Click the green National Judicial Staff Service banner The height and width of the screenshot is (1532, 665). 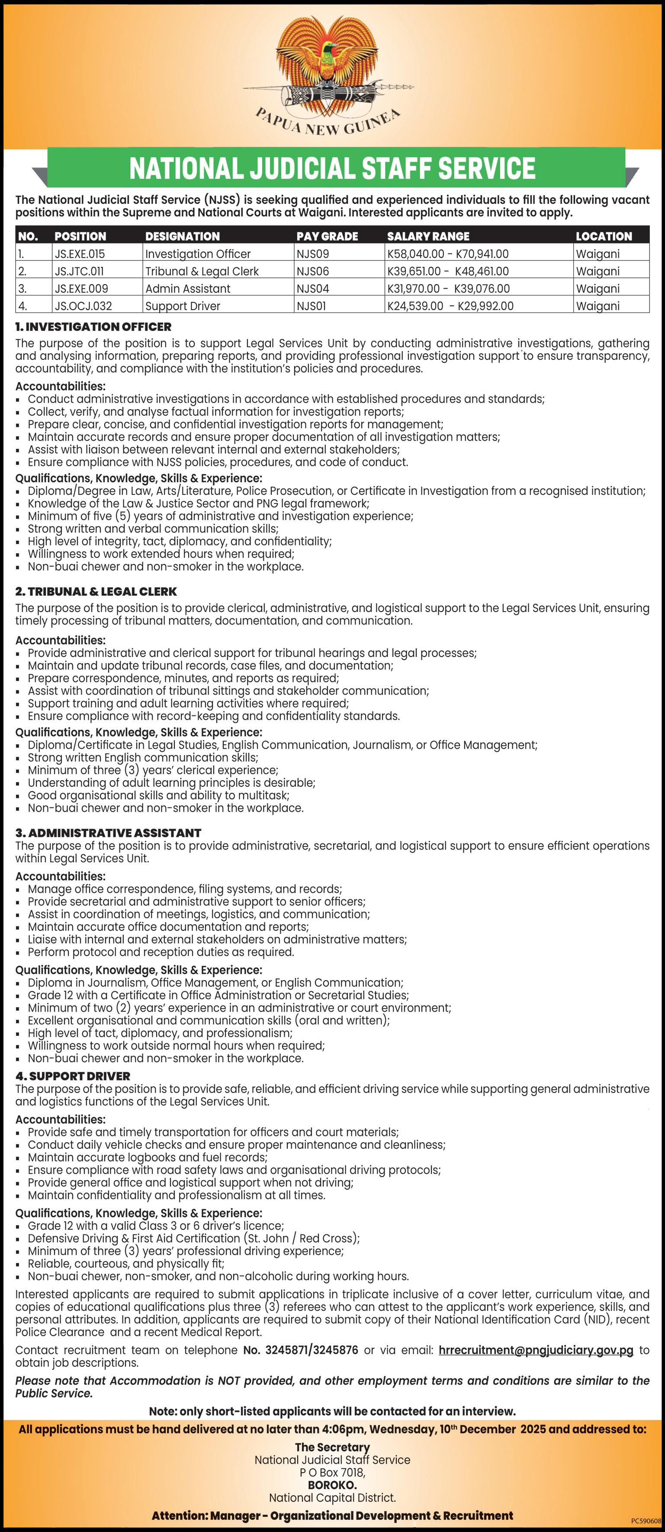[x=332, y=168]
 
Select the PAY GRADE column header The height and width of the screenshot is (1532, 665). [x=327, y=236]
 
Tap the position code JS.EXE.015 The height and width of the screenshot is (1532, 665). [x=80, y=254]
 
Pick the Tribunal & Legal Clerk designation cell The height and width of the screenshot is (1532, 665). [x=202, y=271]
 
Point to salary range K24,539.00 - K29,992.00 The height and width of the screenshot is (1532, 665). [x=450, y=306]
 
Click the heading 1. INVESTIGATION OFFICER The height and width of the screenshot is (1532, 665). [x=93, y=327]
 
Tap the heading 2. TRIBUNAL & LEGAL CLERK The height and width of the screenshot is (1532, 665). [x=96, y=592]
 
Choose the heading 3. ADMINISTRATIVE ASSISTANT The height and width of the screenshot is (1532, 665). [x=108, y=833]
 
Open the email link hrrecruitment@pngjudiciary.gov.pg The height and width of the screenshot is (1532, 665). [x=535, y=1351]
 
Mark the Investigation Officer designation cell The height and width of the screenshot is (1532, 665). [x=198, y=254]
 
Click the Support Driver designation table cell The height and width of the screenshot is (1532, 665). [x=183, y=306]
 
